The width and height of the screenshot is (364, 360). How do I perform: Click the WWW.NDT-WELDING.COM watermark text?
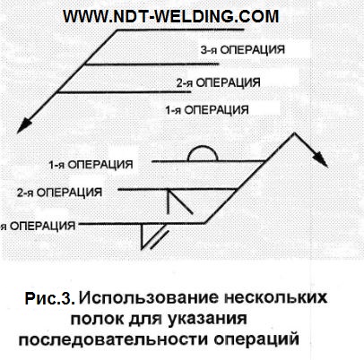[171, 16]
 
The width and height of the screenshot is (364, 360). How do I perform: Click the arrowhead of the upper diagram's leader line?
[23, 126]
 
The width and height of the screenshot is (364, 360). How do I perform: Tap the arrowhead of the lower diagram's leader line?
[321, 160]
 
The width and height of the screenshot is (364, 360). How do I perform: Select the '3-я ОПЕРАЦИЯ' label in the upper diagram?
[242, 50]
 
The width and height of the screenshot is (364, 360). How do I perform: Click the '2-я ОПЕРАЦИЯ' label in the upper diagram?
[218, 82]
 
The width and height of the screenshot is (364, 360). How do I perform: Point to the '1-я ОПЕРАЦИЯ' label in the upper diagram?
[207, 110]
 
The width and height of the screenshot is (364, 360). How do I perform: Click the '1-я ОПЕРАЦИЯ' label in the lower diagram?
[91, 165]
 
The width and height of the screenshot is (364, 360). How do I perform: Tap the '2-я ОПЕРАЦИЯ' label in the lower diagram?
[59, 193]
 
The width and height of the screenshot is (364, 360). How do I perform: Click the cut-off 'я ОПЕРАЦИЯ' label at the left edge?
[38, 226]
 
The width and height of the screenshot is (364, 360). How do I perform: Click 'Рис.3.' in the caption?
[49, 298]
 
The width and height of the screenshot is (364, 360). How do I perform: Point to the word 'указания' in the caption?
[207, 319]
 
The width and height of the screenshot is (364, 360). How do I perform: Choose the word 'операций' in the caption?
[256, 339]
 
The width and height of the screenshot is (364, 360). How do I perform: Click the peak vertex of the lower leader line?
[295, 133]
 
